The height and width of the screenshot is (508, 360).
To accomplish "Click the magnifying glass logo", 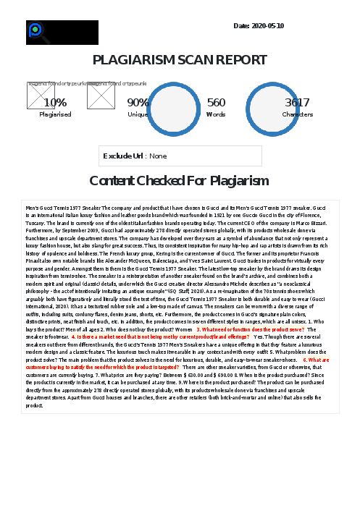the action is point(35,32).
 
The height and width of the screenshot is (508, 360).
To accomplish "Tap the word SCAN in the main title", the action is point(184,60).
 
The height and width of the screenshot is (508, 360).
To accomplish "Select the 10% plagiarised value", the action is point(55,103).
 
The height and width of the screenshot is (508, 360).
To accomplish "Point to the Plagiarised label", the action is point(55,114).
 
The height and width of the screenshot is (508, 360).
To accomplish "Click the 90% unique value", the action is point(138,103).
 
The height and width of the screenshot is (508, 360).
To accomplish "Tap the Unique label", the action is point(138,114).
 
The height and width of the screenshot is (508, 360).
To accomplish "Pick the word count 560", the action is point(216,103).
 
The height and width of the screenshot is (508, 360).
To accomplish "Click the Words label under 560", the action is point(216,114).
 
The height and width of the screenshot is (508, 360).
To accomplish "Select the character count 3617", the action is point(297,103).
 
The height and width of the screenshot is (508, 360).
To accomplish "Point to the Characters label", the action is point(297,114).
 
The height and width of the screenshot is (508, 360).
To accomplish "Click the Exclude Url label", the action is point(123,156).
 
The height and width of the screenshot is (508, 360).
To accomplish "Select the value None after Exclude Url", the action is point(158,156).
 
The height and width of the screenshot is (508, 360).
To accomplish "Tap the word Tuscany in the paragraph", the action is point(37,223).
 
